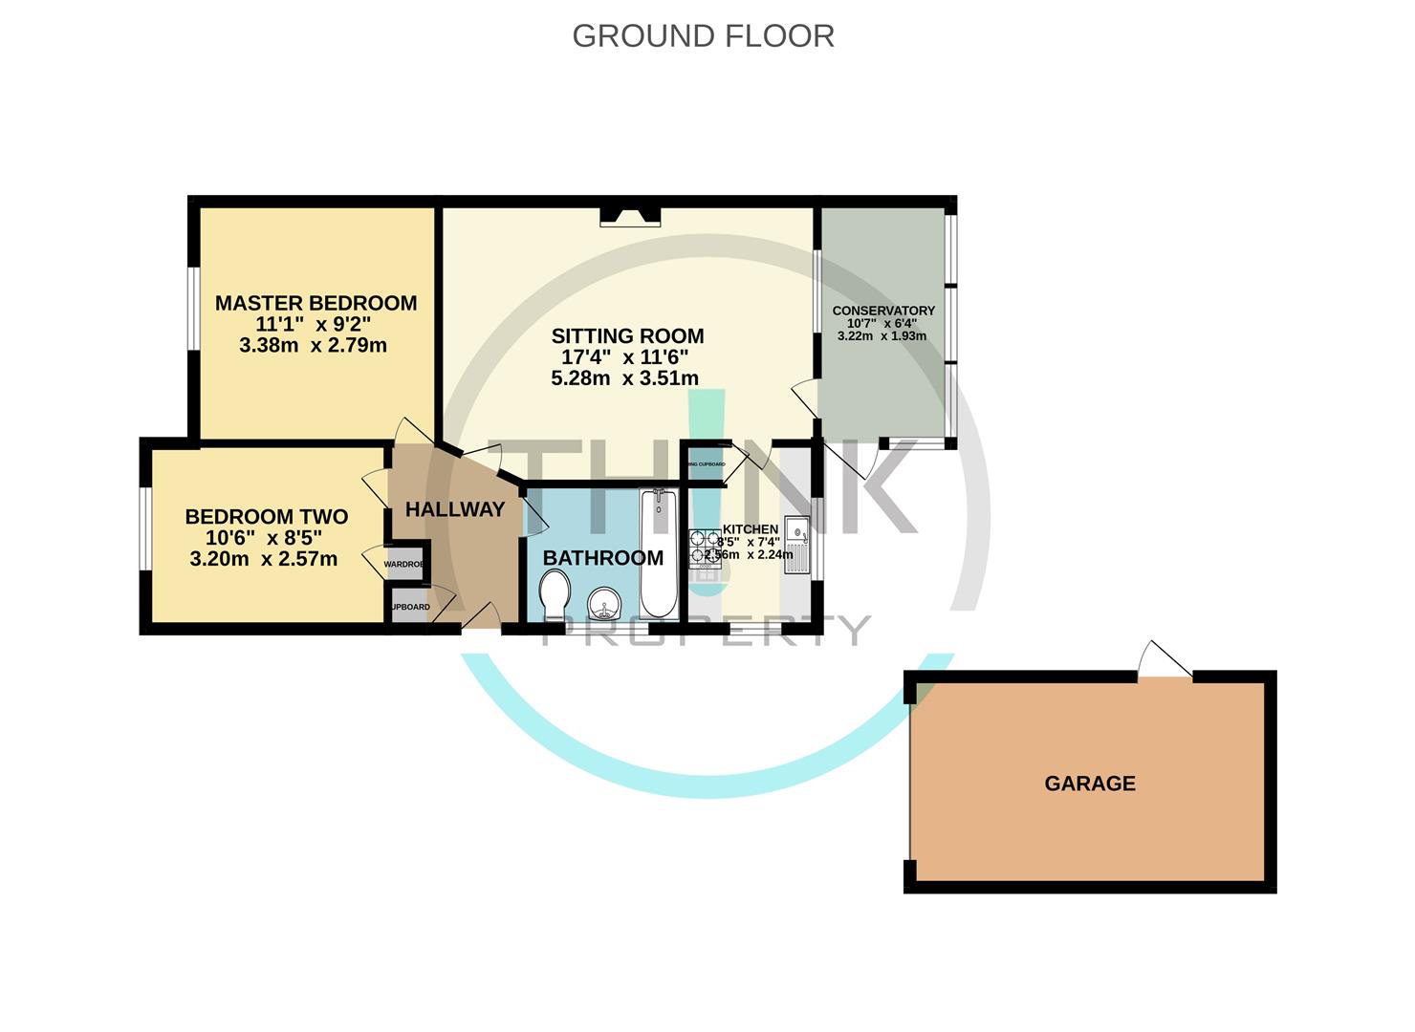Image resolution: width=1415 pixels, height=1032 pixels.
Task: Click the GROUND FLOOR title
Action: coord(703,36)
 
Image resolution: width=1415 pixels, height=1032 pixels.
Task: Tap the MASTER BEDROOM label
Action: coord(316,303)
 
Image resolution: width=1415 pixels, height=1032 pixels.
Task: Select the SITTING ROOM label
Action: coord(627,335)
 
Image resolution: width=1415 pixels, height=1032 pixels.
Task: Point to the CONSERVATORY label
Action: coord(883,311)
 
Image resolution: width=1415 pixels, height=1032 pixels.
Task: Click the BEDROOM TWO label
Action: coord(266,517)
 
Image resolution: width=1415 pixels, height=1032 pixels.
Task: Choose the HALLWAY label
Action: coord(454,509)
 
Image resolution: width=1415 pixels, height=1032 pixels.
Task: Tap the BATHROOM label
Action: coord(602,558)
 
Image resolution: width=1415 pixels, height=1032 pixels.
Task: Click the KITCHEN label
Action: coord(750,529)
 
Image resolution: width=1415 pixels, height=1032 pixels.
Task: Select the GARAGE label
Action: coord(1090,784)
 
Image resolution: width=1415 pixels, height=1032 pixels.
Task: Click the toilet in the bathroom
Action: coord(554,594)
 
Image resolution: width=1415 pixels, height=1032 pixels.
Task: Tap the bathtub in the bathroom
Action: coord(658,554)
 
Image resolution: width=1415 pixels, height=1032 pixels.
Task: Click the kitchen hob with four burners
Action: coord(706,549)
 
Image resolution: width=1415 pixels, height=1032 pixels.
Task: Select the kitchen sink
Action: coord(796,545)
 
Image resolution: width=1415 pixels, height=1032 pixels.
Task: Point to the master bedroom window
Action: coord(193,309)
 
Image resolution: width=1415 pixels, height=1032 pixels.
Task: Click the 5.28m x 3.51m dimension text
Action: coord(624,378)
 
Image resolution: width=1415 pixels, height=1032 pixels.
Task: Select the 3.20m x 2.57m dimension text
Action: coord(263,560)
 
